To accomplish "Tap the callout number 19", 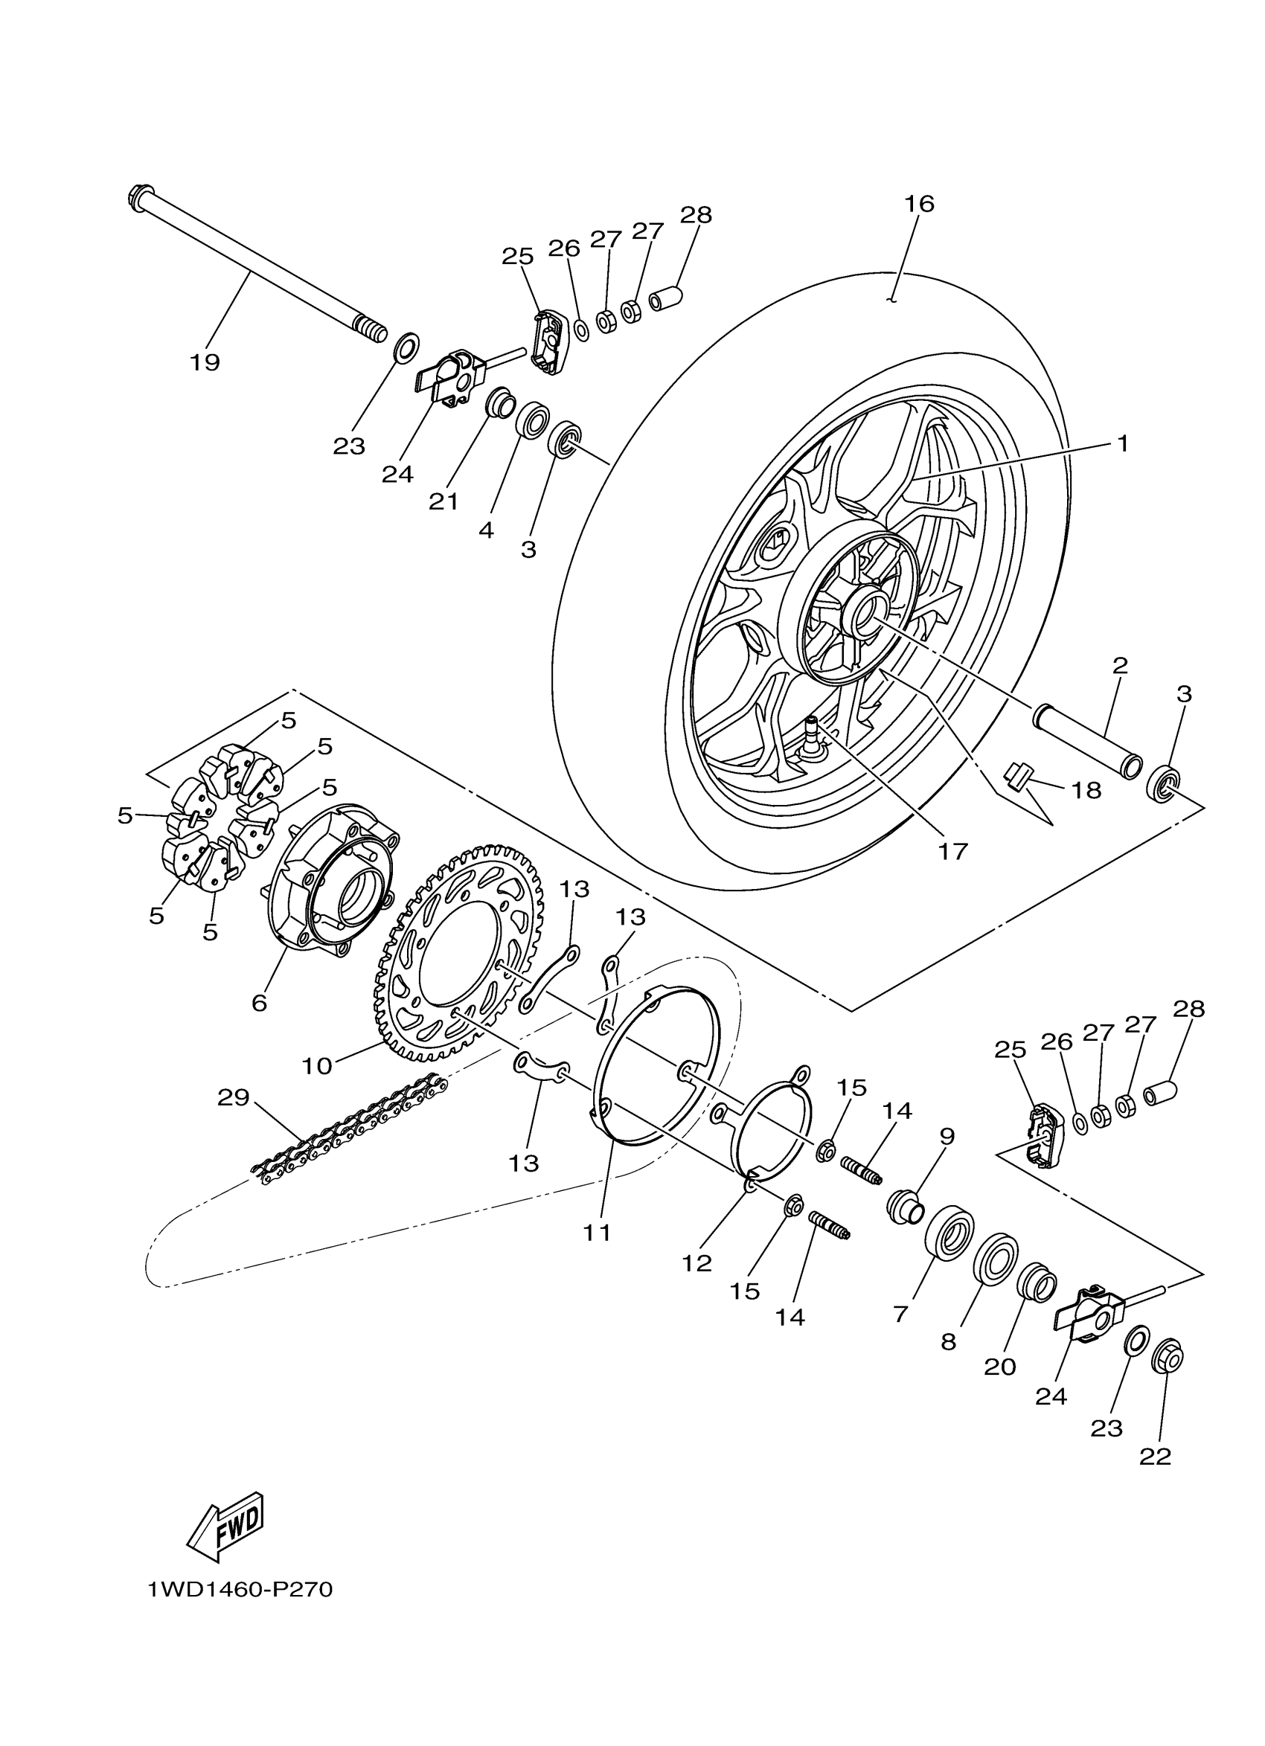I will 205,362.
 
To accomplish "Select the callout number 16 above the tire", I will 919,204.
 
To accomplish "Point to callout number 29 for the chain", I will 234,1098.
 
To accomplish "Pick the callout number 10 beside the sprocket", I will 316,1065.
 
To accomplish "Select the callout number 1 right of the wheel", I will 1123,444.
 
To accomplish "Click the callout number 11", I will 597,1233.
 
